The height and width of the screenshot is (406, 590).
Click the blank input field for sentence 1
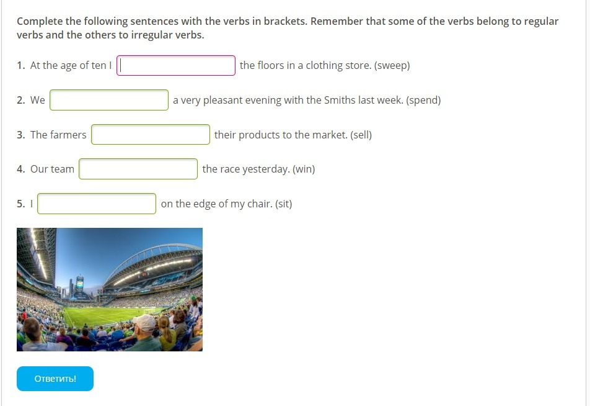tap(176, 66)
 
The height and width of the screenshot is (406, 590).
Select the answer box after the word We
tap(109, 100)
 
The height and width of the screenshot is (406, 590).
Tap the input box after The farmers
tap(151, 135)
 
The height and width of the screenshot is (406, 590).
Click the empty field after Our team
tap(138, 169)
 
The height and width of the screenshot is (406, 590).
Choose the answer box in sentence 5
tap(97, 204)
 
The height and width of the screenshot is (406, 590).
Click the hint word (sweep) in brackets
tap(392, 66)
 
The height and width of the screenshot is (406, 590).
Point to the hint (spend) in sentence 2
tap(423, 101)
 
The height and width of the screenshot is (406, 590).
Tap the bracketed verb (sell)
tap(361, 135)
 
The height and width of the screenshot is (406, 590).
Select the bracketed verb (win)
tap(304, 169)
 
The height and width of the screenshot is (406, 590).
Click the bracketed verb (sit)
tap(284, 204)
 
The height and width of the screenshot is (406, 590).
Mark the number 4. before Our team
tap(21, 169)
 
